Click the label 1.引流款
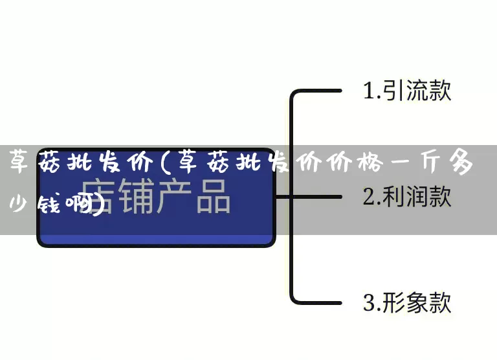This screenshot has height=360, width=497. (406, 91)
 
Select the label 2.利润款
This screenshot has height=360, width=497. (406, 197)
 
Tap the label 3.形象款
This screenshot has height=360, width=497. (406, 302)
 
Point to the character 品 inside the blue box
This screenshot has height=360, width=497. (213, 195)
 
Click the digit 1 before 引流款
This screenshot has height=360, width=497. (368, 91)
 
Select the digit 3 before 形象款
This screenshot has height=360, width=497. (368, 303)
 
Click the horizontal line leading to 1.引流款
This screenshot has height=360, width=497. (317, 92)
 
